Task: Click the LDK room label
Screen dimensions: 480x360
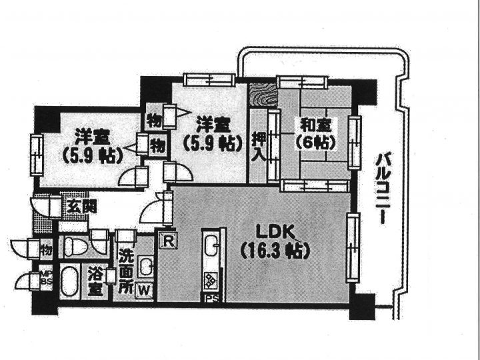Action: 275,232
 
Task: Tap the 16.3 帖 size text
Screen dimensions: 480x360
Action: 275,251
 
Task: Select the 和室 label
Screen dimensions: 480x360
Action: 315,125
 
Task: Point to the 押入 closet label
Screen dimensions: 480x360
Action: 258,147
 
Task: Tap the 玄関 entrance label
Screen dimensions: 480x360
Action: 81,207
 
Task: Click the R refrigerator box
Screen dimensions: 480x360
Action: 168,241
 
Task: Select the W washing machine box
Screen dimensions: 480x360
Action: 144,290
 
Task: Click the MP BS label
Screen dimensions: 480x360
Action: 46,278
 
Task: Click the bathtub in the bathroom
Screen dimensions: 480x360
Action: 69,281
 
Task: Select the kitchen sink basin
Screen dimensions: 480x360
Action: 211,245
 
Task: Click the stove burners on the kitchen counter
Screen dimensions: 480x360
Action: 211,281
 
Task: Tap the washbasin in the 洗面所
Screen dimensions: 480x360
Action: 145,265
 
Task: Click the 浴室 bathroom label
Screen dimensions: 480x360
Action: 96,281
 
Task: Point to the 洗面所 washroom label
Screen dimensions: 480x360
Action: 125,271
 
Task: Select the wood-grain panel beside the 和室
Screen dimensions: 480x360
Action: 263,94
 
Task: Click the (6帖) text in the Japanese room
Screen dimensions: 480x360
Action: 315,142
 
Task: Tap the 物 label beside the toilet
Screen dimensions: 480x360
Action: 46,250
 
